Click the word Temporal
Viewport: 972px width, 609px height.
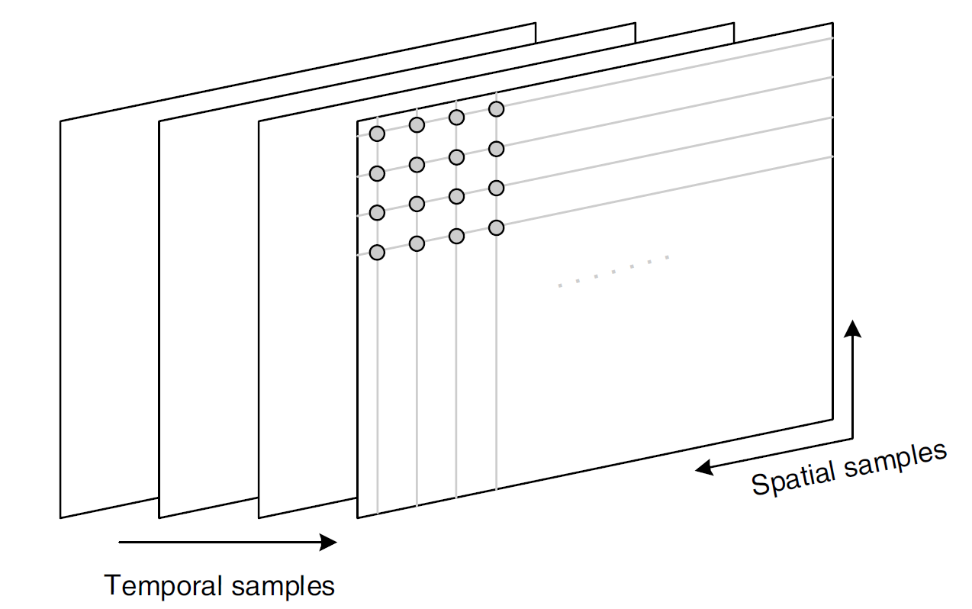pos(162,585)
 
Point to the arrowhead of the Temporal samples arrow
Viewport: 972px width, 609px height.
pos(329,542)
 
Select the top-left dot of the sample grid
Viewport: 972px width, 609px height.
pos(377,134)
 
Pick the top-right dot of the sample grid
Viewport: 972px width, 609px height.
pos(496,109)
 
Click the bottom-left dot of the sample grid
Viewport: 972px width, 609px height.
pos(377,253)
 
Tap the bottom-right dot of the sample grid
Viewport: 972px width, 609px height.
pos(496,227)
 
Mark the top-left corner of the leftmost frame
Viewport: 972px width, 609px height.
pos(60,121)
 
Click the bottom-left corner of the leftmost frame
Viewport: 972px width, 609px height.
pos(60,517)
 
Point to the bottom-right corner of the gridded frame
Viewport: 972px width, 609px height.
pos(832,420)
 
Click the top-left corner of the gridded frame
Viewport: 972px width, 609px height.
pos(358,121)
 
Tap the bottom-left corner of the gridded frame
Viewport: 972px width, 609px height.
pos(358,517)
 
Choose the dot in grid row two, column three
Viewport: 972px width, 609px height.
pos(456,157)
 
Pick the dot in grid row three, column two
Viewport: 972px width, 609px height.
pos(417,204)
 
